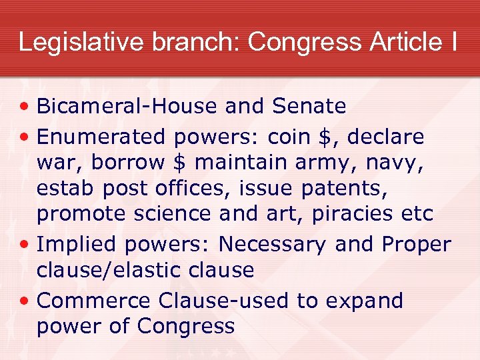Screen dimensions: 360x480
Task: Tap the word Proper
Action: tap(416, 245)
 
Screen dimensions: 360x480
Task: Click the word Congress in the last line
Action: tap(186, 327)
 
